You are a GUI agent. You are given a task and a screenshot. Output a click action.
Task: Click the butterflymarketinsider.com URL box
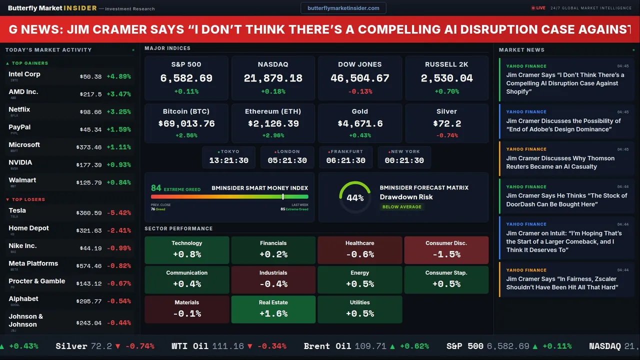[343, 8]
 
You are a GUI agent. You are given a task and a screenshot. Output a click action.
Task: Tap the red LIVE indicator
[538, 8]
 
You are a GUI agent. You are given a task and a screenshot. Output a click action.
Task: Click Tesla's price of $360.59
[90, 213]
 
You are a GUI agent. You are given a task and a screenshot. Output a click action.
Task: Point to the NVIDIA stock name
[20, 162]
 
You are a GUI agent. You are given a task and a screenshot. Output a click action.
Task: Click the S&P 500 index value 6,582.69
[186, 78]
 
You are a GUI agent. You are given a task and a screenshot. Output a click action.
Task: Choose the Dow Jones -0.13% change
[360, 91]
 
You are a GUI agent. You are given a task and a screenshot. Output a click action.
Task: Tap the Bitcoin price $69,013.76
[186, 123]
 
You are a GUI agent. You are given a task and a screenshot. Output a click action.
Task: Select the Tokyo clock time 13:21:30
[228, 160]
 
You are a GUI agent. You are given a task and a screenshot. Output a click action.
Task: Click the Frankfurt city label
[346, 151]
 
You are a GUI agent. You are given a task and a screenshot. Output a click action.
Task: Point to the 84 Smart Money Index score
[156, 188]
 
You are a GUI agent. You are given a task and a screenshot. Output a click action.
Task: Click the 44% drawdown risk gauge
[355, 197]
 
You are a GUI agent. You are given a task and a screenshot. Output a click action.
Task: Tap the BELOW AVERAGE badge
[401, 207]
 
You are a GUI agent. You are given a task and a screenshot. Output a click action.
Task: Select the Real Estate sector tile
[273, 309]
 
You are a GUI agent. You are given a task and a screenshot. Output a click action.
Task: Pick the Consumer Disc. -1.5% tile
[446, 249]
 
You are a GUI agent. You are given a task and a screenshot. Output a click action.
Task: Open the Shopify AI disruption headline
[565, 83]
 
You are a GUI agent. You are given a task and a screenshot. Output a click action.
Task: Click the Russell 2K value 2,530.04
[446, 78]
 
